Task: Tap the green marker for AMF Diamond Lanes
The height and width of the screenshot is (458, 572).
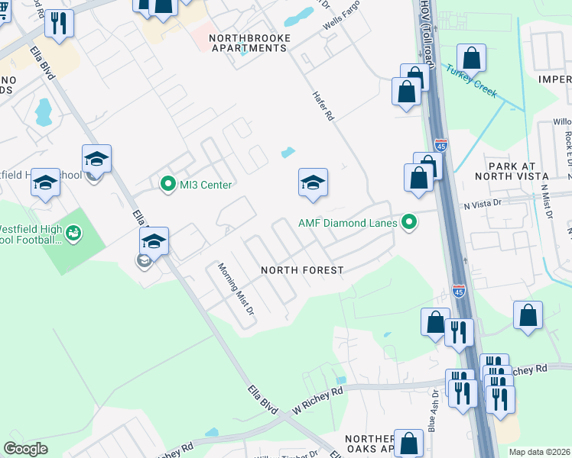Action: click(x=410, y=223)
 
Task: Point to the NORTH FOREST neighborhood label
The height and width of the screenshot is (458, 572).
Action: click(x=301, y=270)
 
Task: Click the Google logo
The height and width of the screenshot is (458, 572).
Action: click(x=25, y=448)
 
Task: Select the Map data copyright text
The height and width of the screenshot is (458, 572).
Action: click(x=539, y=452)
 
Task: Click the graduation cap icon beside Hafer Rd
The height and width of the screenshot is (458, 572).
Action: click(x=312, y=183)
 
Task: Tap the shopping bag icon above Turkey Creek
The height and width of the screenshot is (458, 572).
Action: click(x=472, y=58)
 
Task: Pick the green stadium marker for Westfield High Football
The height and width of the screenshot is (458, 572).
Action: click(x=73, y=231)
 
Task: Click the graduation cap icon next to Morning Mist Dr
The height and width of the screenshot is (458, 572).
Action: click(x=154, y=241)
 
